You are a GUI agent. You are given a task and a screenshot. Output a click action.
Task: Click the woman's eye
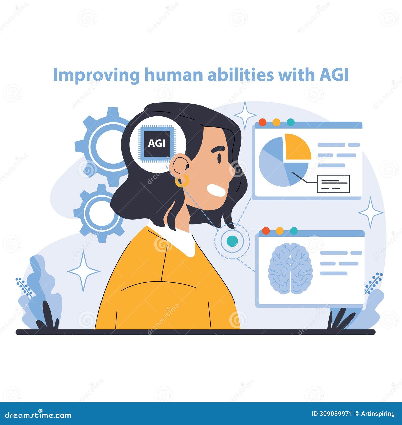pos(219,158)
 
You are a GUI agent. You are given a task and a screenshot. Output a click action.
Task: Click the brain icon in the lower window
pos(290,268)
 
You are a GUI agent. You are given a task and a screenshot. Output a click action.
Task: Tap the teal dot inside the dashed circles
pos(232,241)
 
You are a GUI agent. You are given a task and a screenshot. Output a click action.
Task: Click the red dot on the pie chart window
pos(262,122)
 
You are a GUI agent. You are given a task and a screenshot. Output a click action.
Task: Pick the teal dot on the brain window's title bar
pos(294,231)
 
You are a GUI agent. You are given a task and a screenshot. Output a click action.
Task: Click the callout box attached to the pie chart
pos(333,184)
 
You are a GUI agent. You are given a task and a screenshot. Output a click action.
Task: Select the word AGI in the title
pos(334,75)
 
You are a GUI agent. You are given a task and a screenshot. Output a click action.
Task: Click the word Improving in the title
pos(96,75)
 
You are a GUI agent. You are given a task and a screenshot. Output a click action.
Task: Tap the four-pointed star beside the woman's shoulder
pos(84,271)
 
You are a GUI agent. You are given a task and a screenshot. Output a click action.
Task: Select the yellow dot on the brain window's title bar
pos(279,231)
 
